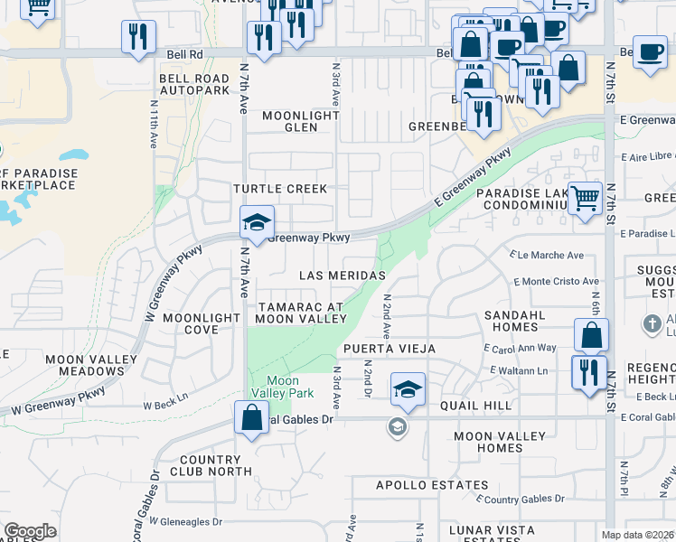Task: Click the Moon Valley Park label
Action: coord(282,388)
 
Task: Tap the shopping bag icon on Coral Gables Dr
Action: coord(251,418)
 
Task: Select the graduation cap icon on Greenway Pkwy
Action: coord(257,223)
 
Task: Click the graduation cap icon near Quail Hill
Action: coord(408,390)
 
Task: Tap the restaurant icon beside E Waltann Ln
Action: coord(589,371)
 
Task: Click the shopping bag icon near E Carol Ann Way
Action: coord(590,335)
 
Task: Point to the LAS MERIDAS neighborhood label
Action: coord(344,275)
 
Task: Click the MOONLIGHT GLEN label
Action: coord(302,121)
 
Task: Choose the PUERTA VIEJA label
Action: coord(389,349)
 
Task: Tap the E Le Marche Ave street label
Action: coord(547,256)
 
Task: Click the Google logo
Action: coord(30,531)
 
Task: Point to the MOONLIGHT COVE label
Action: coord(203,323)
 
